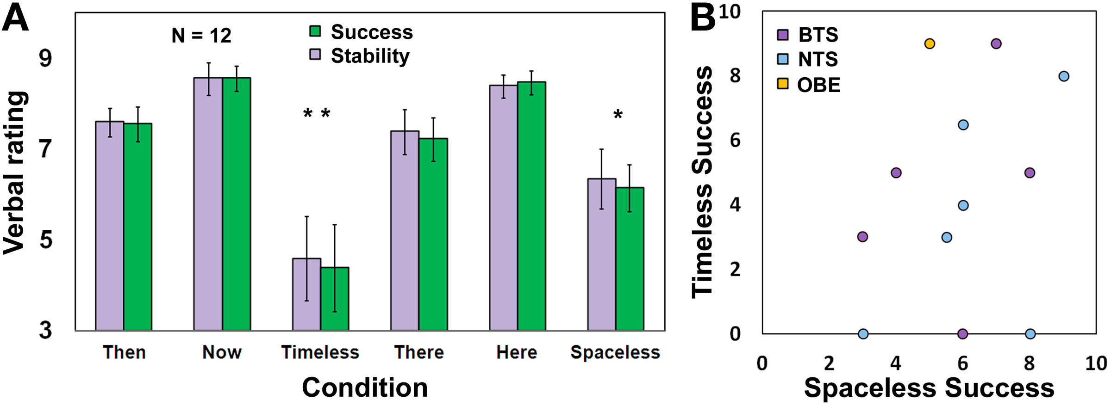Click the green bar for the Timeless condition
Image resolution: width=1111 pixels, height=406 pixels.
coord(335,299)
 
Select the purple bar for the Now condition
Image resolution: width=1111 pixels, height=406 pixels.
coord(208,203)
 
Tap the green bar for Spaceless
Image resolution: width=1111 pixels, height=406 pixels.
coord(630,259)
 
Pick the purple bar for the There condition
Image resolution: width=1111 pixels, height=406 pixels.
coord(405,231)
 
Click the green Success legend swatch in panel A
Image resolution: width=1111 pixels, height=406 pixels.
coord(315,31)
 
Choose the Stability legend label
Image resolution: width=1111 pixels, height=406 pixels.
coord(370,56)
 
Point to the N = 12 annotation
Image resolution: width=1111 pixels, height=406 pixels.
coord(201,36)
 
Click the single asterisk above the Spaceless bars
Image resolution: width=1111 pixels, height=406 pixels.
coord(618,115)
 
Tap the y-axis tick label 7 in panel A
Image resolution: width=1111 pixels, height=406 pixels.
coord(45,149)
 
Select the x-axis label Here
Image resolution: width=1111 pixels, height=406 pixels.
coord(517,352)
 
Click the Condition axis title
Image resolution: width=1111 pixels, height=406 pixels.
coord(364,388)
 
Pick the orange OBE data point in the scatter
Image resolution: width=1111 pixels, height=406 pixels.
coord(929,44)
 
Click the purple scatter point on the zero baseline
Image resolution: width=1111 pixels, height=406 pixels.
coord(962,334)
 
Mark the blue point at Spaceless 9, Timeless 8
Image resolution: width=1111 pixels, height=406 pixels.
coord(1064,76)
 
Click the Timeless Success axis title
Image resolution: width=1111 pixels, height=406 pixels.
coord(702,182)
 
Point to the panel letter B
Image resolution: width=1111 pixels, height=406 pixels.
coord(703,18)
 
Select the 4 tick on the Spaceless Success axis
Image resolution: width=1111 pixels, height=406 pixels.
coord(896,363)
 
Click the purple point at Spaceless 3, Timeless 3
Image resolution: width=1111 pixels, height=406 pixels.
coord(862,237)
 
